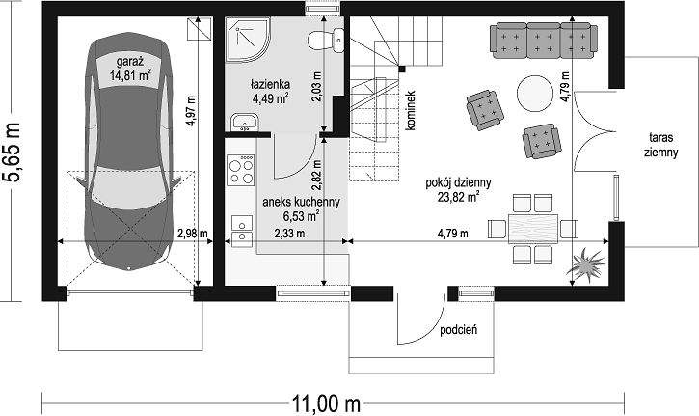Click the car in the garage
point(129,152)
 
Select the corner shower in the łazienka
point(248,40)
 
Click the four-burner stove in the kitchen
point(241,170)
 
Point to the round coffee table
point(535,94)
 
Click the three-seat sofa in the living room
point(544,41)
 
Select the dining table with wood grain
point(533,229)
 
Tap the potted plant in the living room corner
point(586,265)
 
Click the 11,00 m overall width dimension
point(326,404)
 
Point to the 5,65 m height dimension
point(12,152)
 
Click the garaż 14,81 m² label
point(130,69)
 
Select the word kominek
point(411,111)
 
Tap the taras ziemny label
point(661,145)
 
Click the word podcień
point(459,330)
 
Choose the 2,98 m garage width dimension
point(193,233)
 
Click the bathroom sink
point(244,123)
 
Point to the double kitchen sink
point(242,231)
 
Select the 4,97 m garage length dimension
point(191,111)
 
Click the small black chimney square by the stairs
point(402,69)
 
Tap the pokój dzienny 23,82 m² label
point(458,190)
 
